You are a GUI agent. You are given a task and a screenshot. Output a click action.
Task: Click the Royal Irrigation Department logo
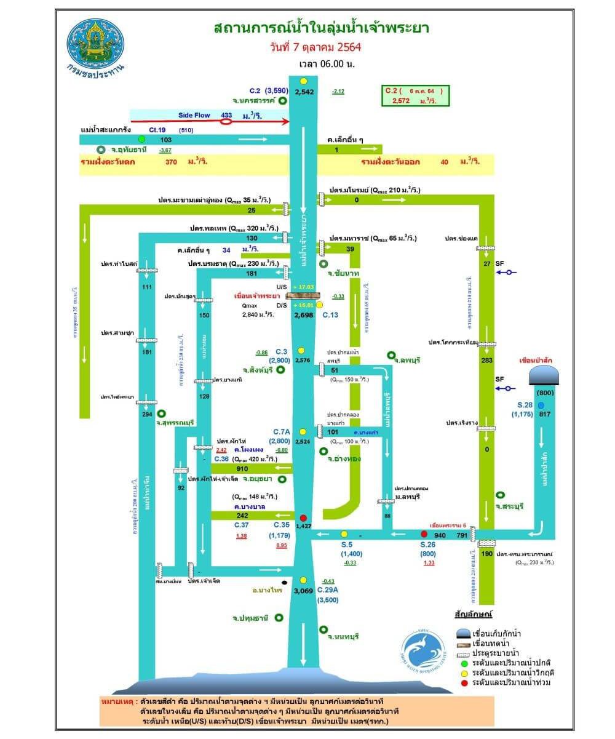pos(95,44)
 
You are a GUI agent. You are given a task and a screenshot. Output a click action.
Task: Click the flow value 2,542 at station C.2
pos(304,92)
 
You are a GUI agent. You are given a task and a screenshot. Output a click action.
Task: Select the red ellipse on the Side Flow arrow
pos(226,121)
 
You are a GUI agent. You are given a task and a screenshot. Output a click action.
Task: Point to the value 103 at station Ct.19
pos(165,140)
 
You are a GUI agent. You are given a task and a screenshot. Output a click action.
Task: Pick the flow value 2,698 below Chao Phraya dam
pos(304,314)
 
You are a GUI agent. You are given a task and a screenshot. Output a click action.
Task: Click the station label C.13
pos(331,314)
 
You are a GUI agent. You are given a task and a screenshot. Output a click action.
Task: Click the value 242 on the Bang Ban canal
pos(242,515)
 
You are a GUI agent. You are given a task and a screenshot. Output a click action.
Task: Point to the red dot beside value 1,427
pos(303,517)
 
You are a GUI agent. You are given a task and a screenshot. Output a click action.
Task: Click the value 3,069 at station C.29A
pos(304,591)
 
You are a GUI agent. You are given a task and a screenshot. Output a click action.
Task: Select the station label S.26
pos(428,545)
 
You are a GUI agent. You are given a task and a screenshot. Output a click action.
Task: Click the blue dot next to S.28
pos(541,405)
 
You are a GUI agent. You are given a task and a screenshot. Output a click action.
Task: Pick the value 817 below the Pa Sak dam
pos(544,414)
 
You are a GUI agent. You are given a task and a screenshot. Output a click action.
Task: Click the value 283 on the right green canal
pos(487,360)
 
